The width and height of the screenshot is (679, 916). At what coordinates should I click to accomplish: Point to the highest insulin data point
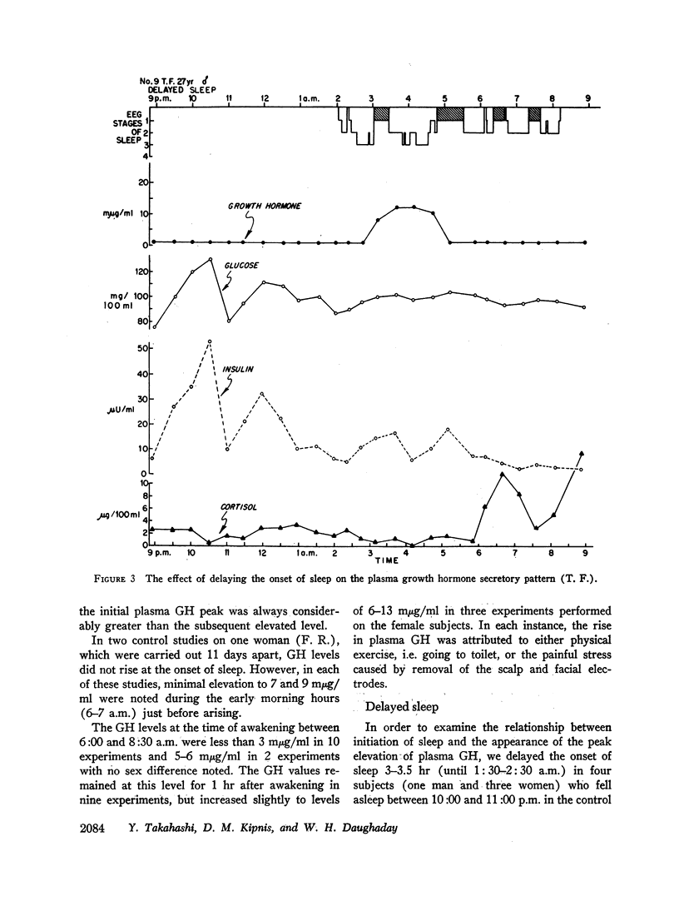pos(210,341)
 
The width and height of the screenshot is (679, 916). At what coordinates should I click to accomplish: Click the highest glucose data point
pos(211,259)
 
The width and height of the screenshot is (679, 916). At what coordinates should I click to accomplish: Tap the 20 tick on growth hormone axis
pos(143,182)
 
